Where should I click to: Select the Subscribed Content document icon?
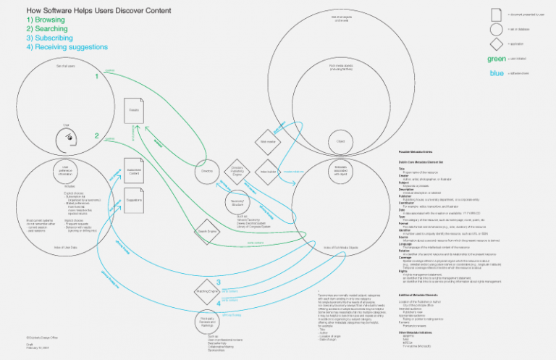point(134,172)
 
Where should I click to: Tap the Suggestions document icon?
point(134,199)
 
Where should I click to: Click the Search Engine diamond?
point(208,232)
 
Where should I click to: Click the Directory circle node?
point(206,172)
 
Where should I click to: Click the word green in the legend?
point(497,59)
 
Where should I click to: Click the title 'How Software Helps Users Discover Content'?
point(98,10)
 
